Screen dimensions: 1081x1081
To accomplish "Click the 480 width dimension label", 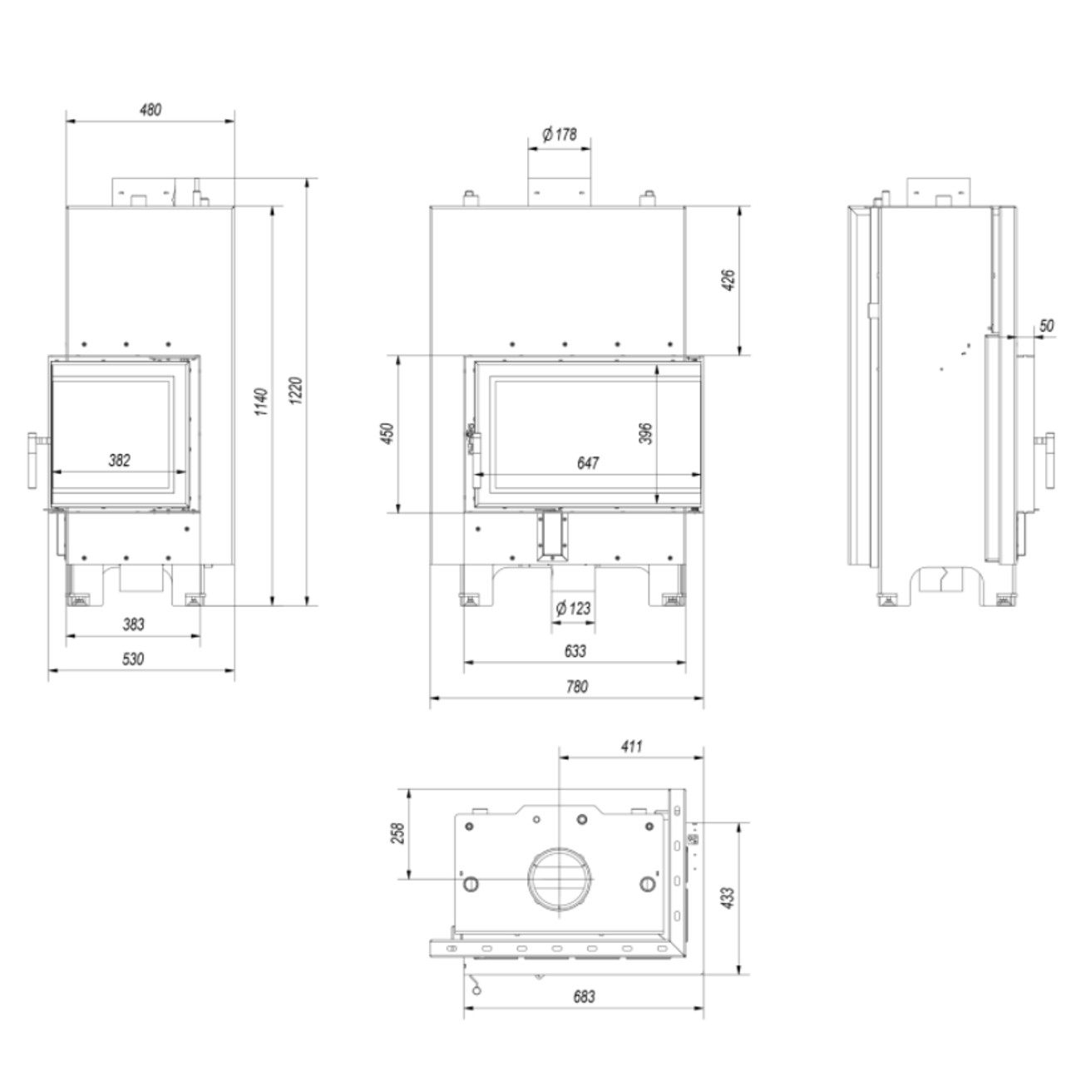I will point(151,109).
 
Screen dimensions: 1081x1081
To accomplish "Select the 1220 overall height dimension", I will point(297,391).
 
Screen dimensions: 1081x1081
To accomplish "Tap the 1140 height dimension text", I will point(262,402).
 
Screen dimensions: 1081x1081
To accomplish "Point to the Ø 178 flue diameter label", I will point(559,135).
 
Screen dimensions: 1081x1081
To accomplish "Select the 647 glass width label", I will point(587,463).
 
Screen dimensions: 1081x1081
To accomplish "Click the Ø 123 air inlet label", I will point(573,608).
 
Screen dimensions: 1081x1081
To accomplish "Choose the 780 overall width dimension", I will point(576,687).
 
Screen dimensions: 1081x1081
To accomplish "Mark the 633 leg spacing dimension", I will point(575,651).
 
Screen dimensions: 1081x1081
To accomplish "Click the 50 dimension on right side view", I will point(1046,325).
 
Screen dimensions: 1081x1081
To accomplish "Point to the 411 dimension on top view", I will point(631,747).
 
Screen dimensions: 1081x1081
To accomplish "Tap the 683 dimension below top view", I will point(584,996).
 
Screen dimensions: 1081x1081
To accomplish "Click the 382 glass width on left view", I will point(119,460).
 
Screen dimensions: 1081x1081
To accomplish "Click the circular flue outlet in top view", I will point(560,879).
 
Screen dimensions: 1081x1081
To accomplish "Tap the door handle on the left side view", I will point(35,460).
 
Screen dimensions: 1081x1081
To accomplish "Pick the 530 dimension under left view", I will point(133,659).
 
